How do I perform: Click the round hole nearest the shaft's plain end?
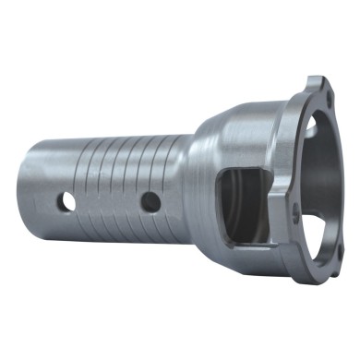[67, 200]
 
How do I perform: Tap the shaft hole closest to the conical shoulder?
[149, 200]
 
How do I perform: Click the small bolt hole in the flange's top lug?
[316, 90]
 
